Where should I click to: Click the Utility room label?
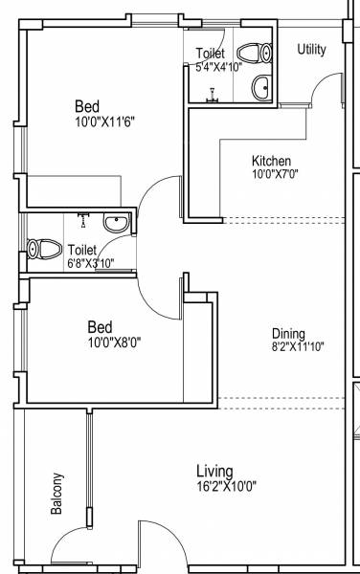coord(311,50)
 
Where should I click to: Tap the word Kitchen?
coord(271,161)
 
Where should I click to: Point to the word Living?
coord(215,471)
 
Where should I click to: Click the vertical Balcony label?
coord(57,495)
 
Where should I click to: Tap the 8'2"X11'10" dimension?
coord(297,346)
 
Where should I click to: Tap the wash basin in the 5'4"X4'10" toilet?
coord(260,89)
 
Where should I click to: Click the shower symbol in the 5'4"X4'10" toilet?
coord(212,94)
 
